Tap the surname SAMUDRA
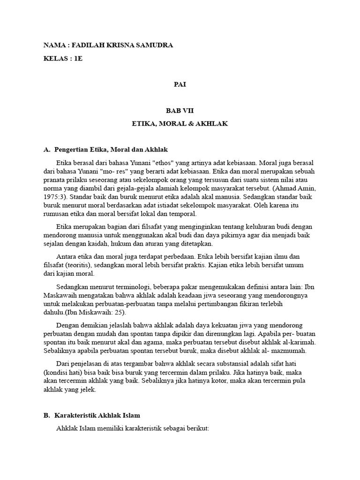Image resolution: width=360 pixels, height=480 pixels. [x=153, y=45]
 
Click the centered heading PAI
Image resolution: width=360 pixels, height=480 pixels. [x=180, y=85]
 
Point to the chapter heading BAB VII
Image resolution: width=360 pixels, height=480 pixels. [x=180, y=111]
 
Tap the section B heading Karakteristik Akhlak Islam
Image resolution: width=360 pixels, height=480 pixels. [x=97, y=415]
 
